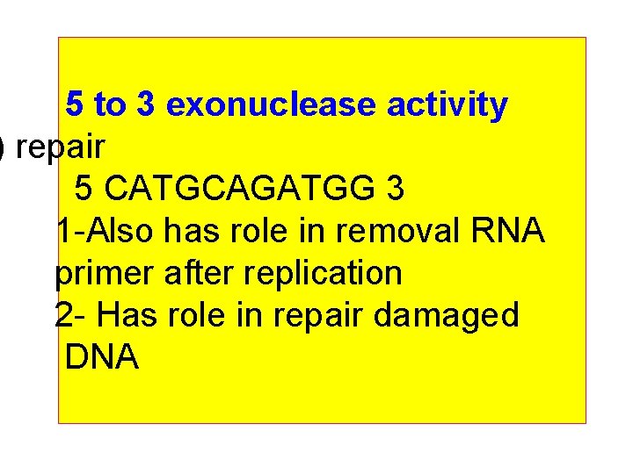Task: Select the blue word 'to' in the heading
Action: coord(110,105)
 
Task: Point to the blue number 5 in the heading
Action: coord(76,105)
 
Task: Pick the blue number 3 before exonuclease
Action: coord(147,105)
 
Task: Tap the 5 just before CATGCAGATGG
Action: coord(84,189)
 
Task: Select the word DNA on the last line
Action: coord(101,358)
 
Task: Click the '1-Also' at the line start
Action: coord(105,232)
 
